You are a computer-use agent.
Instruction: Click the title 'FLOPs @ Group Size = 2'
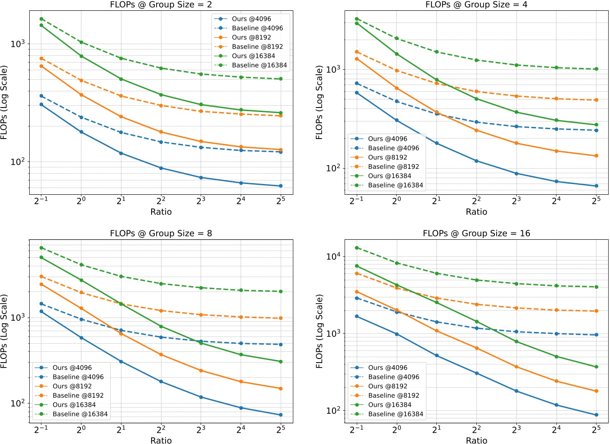tap(161, 4)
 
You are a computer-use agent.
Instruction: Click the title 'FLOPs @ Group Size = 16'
tap(476, 233)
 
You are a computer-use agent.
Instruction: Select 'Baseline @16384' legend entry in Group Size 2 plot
tap(259, 65)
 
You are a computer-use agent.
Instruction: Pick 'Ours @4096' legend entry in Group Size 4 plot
tap(387, 139)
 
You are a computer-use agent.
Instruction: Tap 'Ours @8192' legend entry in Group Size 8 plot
tap(72, 386)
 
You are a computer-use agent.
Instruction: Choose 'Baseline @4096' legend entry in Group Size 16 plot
tap(393, 377)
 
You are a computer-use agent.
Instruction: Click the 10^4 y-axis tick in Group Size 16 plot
tap(334, 256)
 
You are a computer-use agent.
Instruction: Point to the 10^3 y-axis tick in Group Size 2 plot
tap(18, 44)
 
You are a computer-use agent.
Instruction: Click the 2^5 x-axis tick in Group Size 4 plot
tap(596, 201)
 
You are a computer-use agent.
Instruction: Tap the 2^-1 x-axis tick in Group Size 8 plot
tap(41, 430)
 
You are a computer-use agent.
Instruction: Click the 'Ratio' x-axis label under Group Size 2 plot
tap(161, 211)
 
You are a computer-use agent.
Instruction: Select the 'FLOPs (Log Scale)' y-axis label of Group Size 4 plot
tap(319, 103)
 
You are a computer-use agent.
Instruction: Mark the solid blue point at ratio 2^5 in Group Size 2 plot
tap(281, 186)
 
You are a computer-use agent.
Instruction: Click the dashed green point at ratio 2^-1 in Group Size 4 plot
tap(357, 19)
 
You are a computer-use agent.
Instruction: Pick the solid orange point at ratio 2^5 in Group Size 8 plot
tap(281, 388)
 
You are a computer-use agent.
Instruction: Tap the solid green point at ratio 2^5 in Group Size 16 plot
tap(597, 367)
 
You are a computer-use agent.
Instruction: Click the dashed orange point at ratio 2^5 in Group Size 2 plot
tap(281, 116)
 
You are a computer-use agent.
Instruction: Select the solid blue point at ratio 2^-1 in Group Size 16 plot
tap(357, 316)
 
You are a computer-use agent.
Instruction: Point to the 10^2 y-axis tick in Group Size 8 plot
tap(18, 403)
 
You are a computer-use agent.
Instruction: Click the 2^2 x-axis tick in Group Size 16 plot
tap(476, 430)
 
